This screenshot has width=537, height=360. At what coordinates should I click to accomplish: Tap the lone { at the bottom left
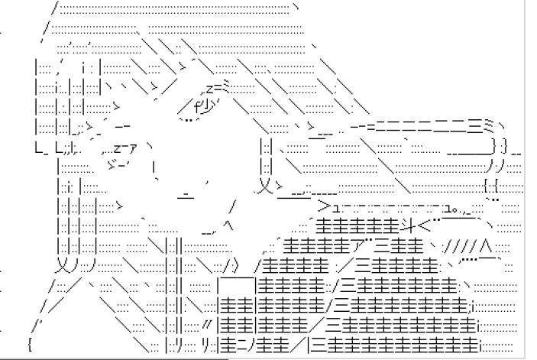[x=28, y=344]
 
